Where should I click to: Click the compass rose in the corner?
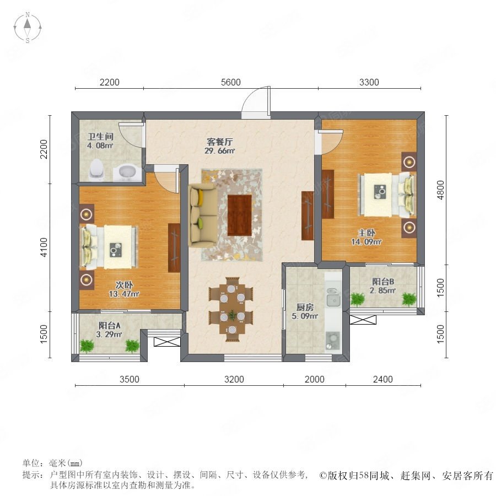[x=28, y=28]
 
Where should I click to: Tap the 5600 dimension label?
[x=230, y=82]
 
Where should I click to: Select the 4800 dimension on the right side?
[x=440, y=190]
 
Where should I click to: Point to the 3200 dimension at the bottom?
[x=234, y=379]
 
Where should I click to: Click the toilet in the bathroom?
[x=96, y=170]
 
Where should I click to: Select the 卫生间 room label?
[x=101, y=137]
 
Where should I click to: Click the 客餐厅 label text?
[x=219, y=142]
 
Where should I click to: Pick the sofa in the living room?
[x=202, y=215]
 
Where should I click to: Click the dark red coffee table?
[x=240, y=215]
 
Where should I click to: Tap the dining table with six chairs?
[x=232, y=309]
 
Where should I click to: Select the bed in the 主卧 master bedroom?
[x=386, y=195]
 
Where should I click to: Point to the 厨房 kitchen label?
[x=305, y=307]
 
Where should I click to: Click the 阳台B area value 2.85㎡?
[x=383, y=290]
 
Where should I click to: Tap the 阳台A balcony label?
[x=110, y=325]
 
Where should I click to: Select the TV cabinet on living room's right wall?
[x=308, y=215]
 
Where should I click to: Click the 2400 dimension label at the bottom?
[x=383, y=379]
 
